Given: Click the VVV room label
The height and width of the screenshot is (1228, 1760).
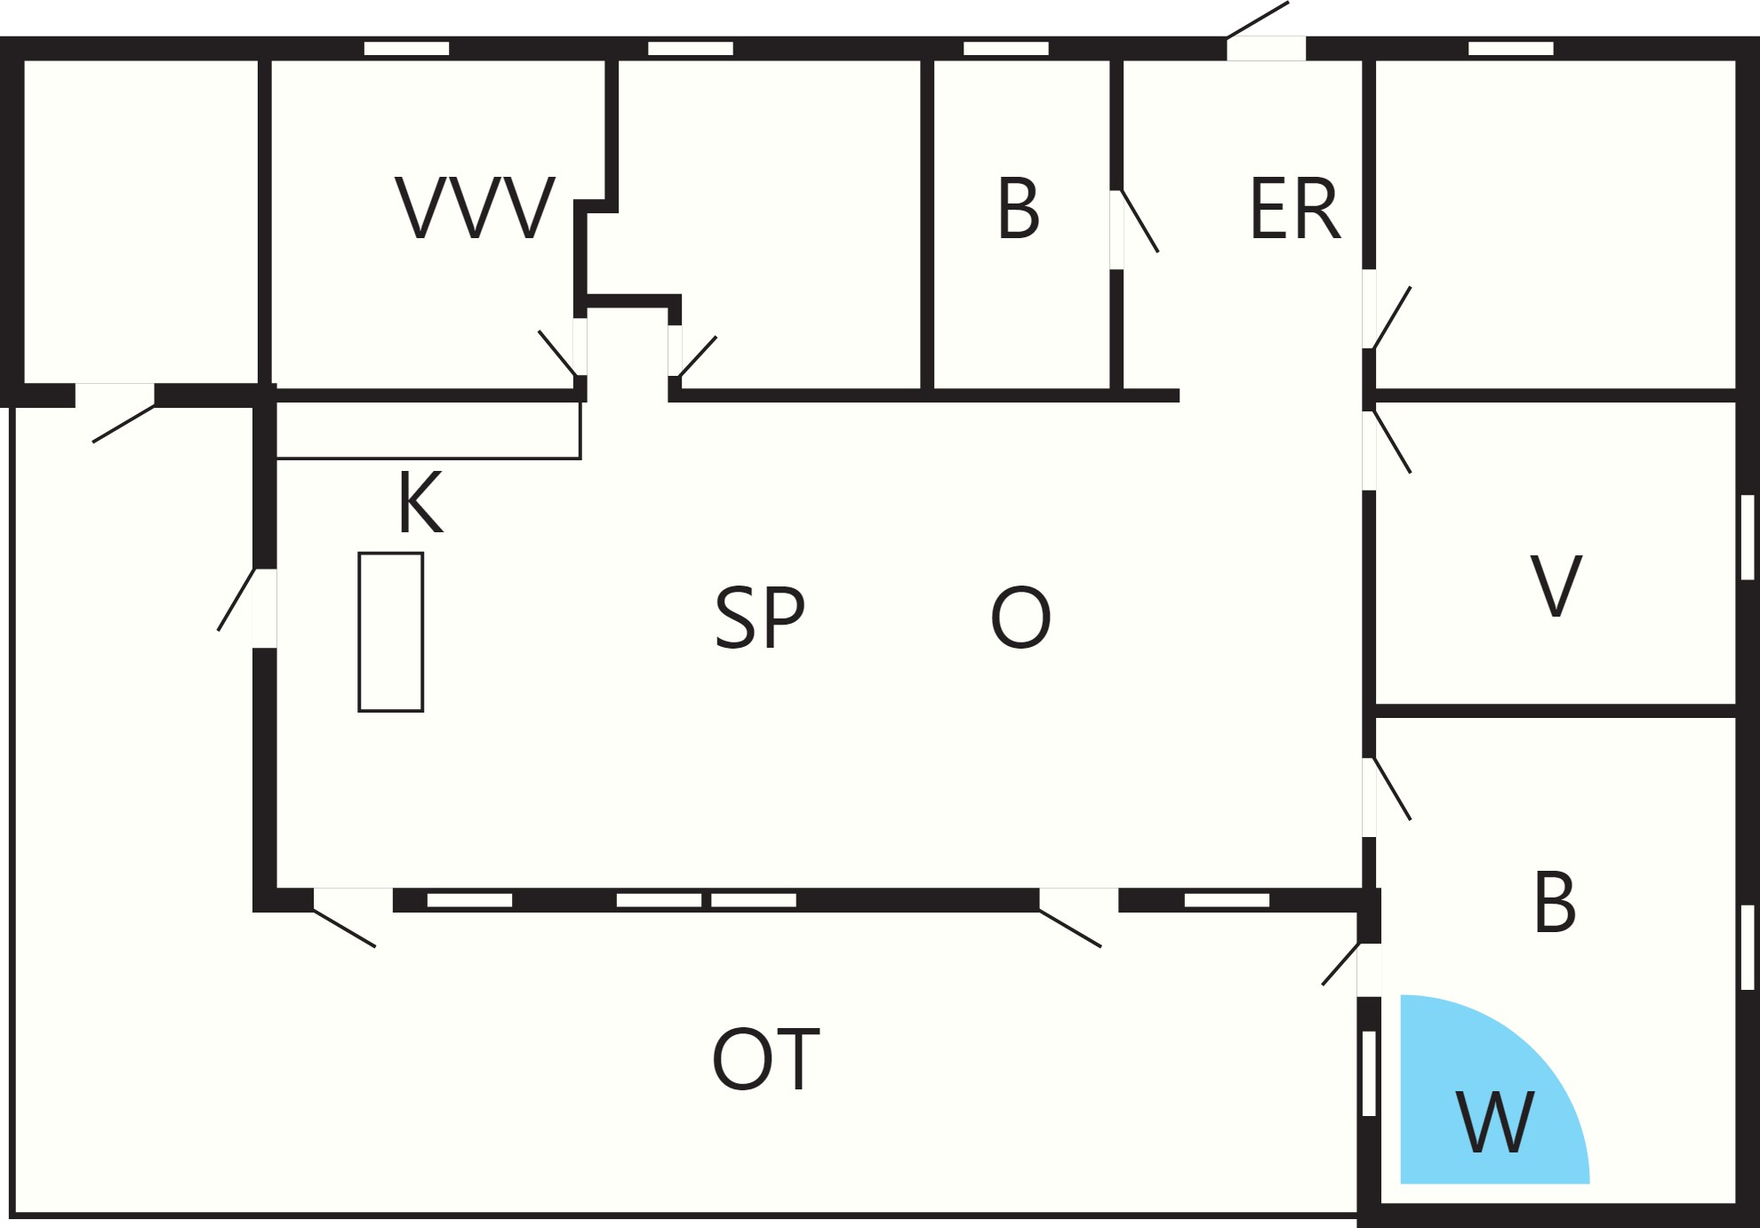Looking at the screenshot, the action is coord(476,208).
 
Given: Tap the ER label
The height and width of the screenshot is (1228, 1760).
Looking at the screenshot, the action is coord(1294,209).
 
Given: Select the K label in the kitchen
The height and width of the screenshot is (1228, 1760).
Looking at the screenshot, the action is coord(420,502).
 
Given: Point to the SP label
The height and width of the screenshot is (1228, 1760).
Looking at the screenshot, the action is coord(760,618).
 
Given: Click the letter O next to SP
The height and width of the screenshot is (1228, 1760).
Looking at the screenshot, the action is coord(1020,618).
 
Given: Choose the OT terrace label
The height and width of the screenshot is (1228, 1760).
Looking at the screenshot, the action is coord(765,1058).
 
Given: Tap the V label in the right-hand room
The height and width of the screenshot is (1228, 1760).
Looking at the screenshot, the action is coord(1556,586).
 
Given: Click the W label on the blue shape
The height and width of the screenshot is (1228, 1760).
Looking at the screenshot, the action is coord(1495,1121).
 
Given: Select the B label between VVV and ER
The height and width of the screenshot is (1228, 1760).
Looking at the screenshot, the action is coord(1019,209).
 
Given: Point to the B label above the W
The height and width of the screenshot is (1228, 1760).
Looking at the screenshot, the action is coord(1555,901).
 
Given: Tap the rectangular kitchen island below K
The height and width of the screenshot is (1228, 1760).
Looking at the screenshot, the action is coord(391,632).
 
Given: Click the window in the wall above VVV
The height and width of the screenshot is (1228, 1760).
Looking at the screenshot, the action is coord(407,48).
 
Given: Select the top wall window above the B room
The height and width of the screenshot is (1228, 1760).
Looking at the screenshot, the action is coord(1006,48).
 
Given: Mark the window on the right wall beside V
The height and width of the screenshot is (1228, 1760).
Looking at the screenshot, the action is coord(1748,538).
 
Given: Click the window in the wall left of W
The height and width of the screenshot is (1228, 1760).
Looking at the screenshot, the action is coord(1370,1073).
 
